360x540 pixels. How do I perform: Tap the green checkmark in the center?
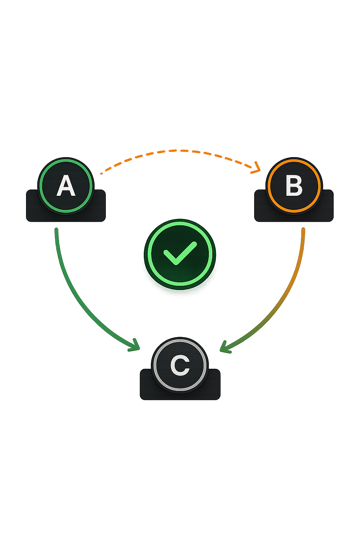click(180, 253)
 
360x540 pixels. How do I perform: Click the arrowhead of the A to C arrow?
click(135, 346)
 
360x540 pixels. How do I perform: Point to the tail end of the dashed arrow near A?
click(101, 174)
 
